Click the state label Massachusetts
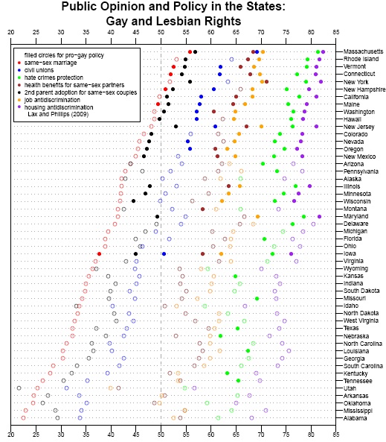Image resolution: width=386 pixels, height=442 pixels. point(363,51)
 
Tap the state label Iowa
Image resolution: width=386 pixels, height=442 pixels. point(350,253)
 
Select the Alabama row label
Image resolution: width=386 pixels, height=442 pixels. point(355,418)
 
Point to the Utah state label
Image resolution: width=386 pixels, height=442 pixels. point(350,388)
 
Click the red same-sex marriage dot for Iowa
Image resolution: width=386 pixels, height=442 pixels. point(99,254)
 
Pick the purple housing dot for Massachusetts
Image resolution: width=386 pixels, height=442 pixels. point(323,52)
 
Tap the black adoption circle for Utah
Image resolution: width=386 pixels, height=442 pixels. point(19,388)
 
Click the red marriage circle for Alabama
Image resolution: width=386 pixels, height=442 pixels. point(23,418)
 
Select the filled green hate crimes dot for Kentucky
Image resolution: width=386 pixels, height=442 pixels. point(228,373)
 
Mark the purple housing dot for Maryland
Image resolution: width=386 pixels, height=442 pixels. point(319,216)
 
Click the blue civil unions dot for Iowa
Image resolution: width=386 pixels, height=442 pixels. point(164,254)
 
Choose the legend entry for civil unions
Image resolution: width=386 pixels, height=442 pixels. point(39,70)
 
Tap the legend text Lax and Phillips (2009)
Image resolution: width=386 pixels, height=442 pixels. point(58,115)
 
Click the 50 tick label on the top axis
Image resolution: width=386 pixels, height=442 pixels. point(161,32)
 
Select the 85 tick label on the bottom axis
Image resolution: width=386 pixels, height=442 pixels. point(336,435)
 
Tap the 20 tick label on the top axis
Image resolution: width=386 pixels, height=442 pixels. point(11,32)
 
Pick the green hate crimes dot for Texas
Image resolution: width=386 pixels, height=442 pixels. point(237,329)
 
